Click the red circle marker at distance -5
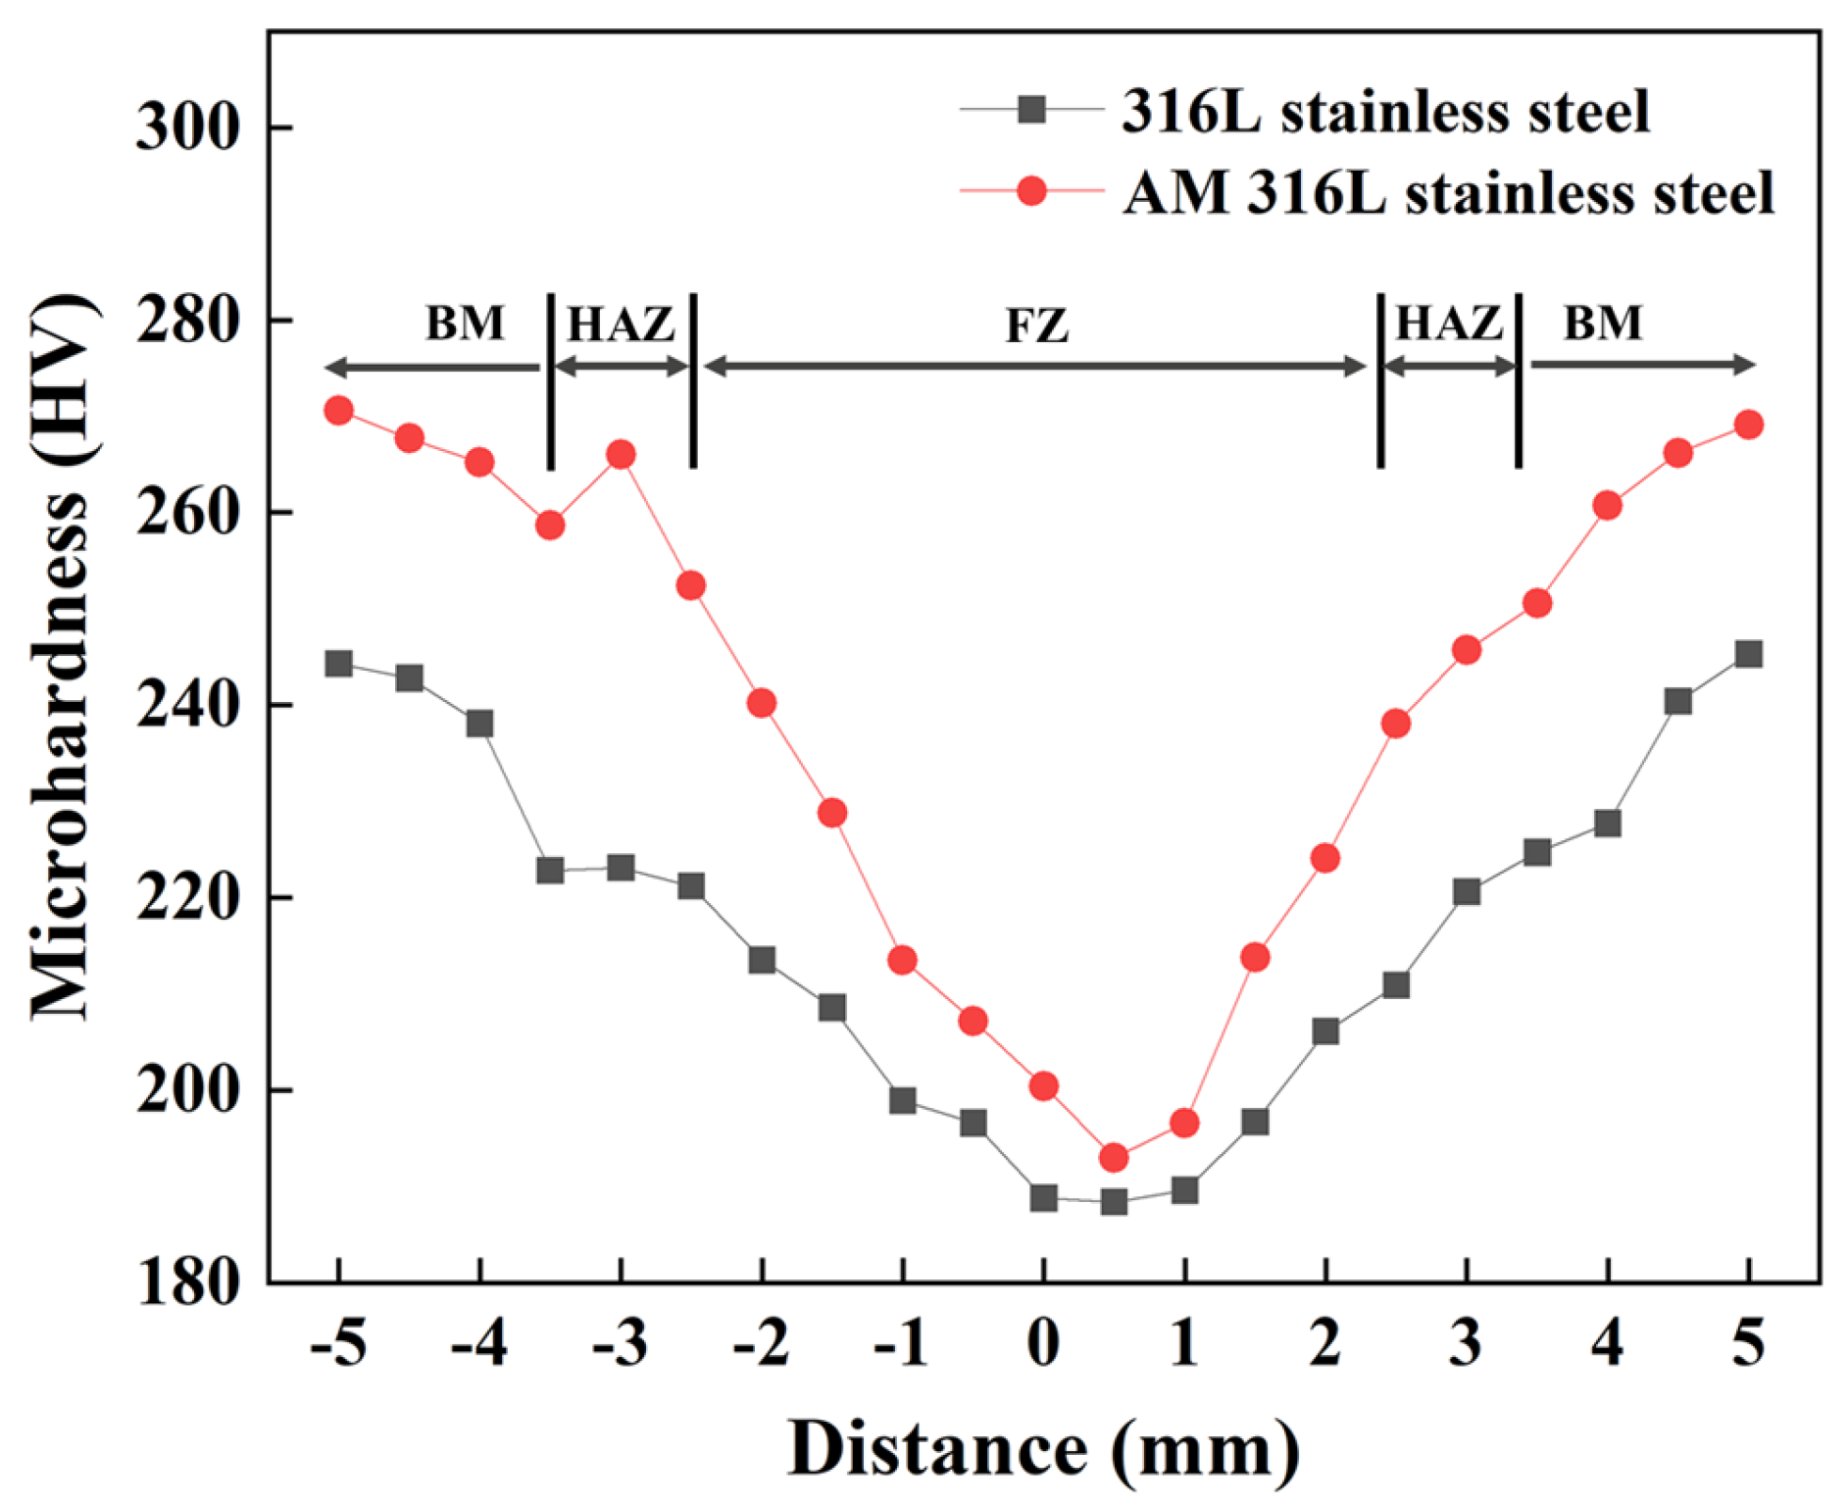click(x=338, y=410)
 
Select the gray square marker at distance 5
click(x=1748, y=654)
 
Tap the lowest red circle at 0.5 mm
click(x=1114, y=1158)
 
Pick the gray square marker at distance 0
click(x=1043, y=1197)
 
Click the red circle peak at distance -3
click(x=621, y=454)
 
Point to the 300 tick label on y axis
click(x=187, y=127)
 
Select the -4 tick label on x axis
click(x=478, y=1342)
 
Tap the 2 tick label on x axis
click(x=1324, y=1342)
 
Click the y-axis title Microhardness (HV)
click(x=64, y=657)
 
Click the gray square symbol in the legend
click(x=1031, y=109)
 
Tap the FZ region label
click(x=1036, y=326)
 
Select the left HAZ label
click(x=621, y=324)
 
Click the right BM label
click(x=1602, y=323)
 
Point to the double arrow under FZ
click(x=1034, y=367)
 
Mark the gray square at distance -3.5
click(x=550, y=870)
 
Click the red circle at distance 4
click(x=1607, y=506)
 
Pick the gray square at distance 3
click(x=1467, y=891)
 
